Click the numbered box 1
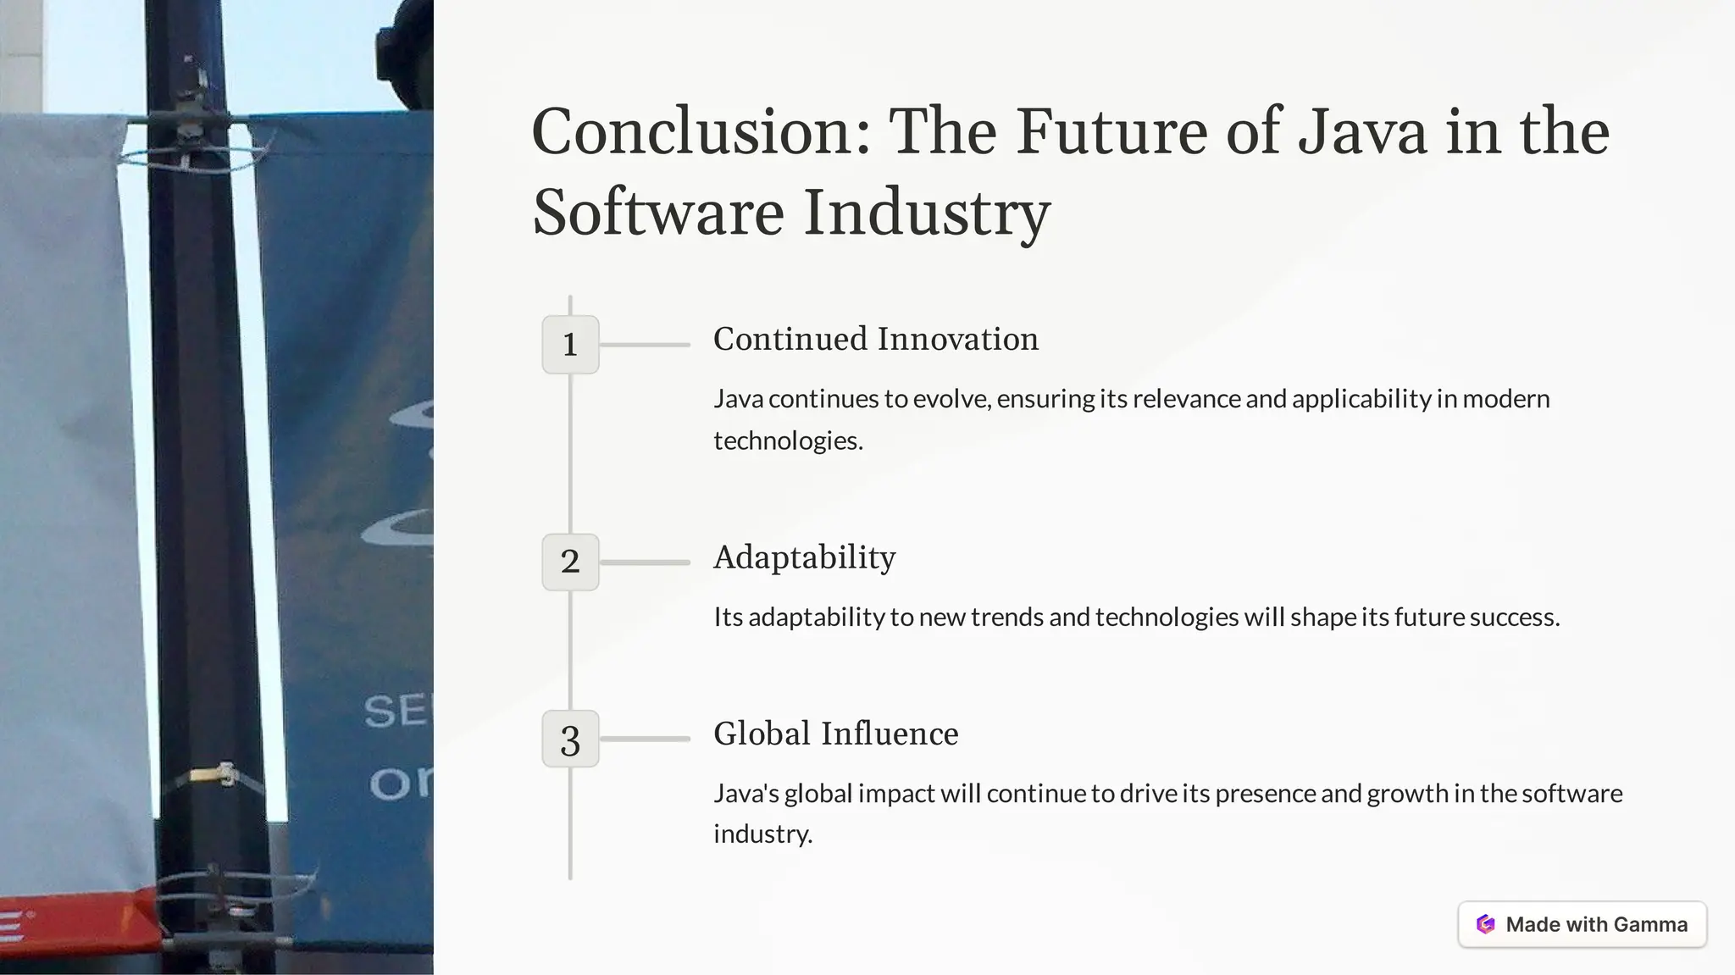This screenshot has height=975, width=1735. tap(570, 345)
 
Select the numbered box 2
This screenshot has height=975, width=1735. tap(570, 562)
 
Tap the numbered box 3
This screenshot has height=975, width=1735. tap(570, 739)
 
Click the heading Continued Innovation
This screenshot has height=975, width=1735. tap(875, 339)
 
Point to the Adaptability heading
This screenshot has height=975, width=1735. tap(804, 557)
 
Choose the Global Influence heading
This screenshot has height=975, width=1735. tap(835, 734)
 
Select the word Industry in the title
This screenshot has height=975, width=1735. tap(927, 212)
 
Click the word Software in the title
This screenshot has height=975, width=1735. tap(658, 212)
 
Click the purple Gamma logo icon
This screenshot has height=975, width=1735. tap(1485, 924)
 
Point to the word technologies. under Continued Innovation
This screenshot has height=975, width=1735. tap(788, 440)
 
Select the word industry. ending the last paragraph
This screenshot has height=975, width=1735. tap(762, 834)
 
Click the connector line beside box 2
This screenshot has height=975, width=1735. tap(645, 562)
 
